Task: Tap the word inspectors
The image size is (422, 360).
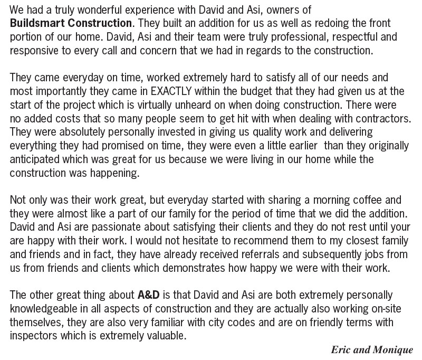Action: pyautogui.click(x=33, y=334)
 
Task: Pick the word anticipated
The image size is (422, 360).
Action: pyautogui.click(x=32, y=159)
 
